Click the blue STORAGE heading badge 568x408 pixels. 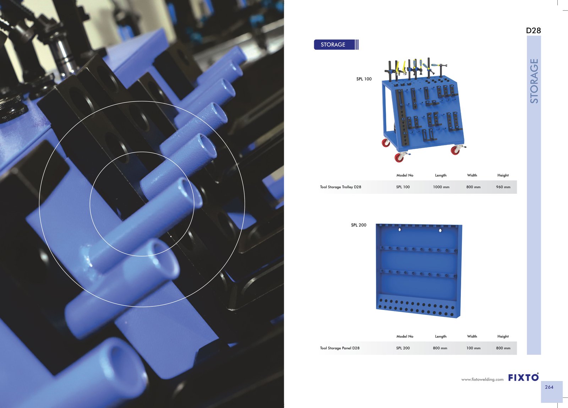[336, 45]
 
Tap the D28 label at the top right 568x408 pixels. [533, 31]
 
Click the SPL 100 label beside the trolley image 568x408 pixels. [364, 79]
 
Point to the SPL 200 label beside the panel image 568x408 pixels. [359, 225]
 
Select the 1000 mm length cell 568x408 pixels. [441, 187]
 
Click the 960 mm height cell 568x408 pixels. [503, 187]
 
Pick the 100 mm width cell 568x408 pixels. [474, 348]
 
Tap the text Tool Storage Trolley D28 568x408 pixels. [340, 187]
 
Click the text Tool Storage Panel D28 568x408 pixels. [340, 348]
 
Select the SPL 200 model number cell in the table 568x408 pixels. [403, 348]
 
